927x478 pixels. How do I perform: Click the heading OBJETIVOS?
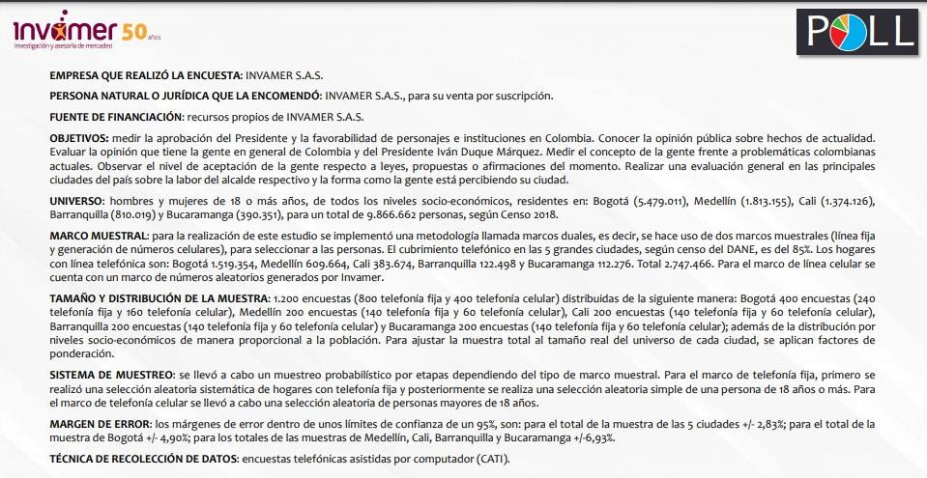point(79,140)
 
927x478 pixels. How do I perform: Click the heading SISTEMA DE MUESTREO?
point(111,373)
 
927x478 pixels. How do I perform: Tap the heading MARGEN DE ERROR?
point(100,424)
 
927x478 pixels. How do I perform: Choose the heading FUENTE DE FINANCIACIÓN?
point(129,118)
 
